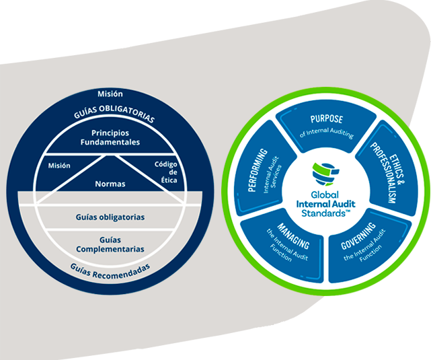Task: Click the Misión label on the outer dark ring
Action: coord(110,94)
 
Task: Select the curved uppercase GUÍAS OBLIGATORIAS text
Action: coord(114,112)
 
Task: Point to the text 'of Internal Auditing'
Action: coord(327,133)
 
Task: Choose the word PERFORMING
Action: coord(257,170)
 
